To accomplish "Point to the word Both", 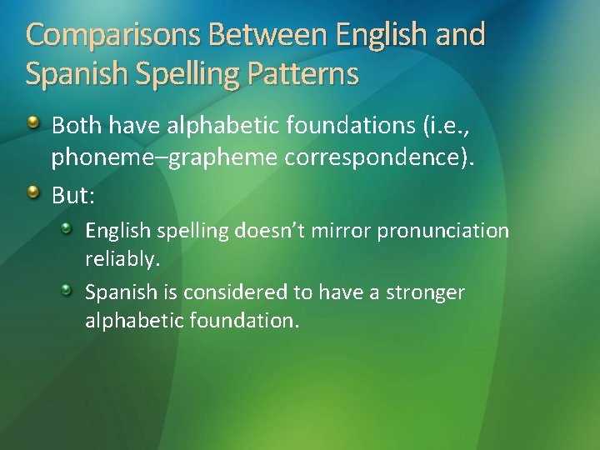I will pos(77,126).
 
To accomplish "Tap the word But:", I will pos(73,196).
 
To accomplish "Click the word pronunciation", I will pos(442,231).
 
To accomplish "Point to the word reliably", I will pos(122,260).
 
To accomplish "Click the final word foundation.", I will pos(250,321).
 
